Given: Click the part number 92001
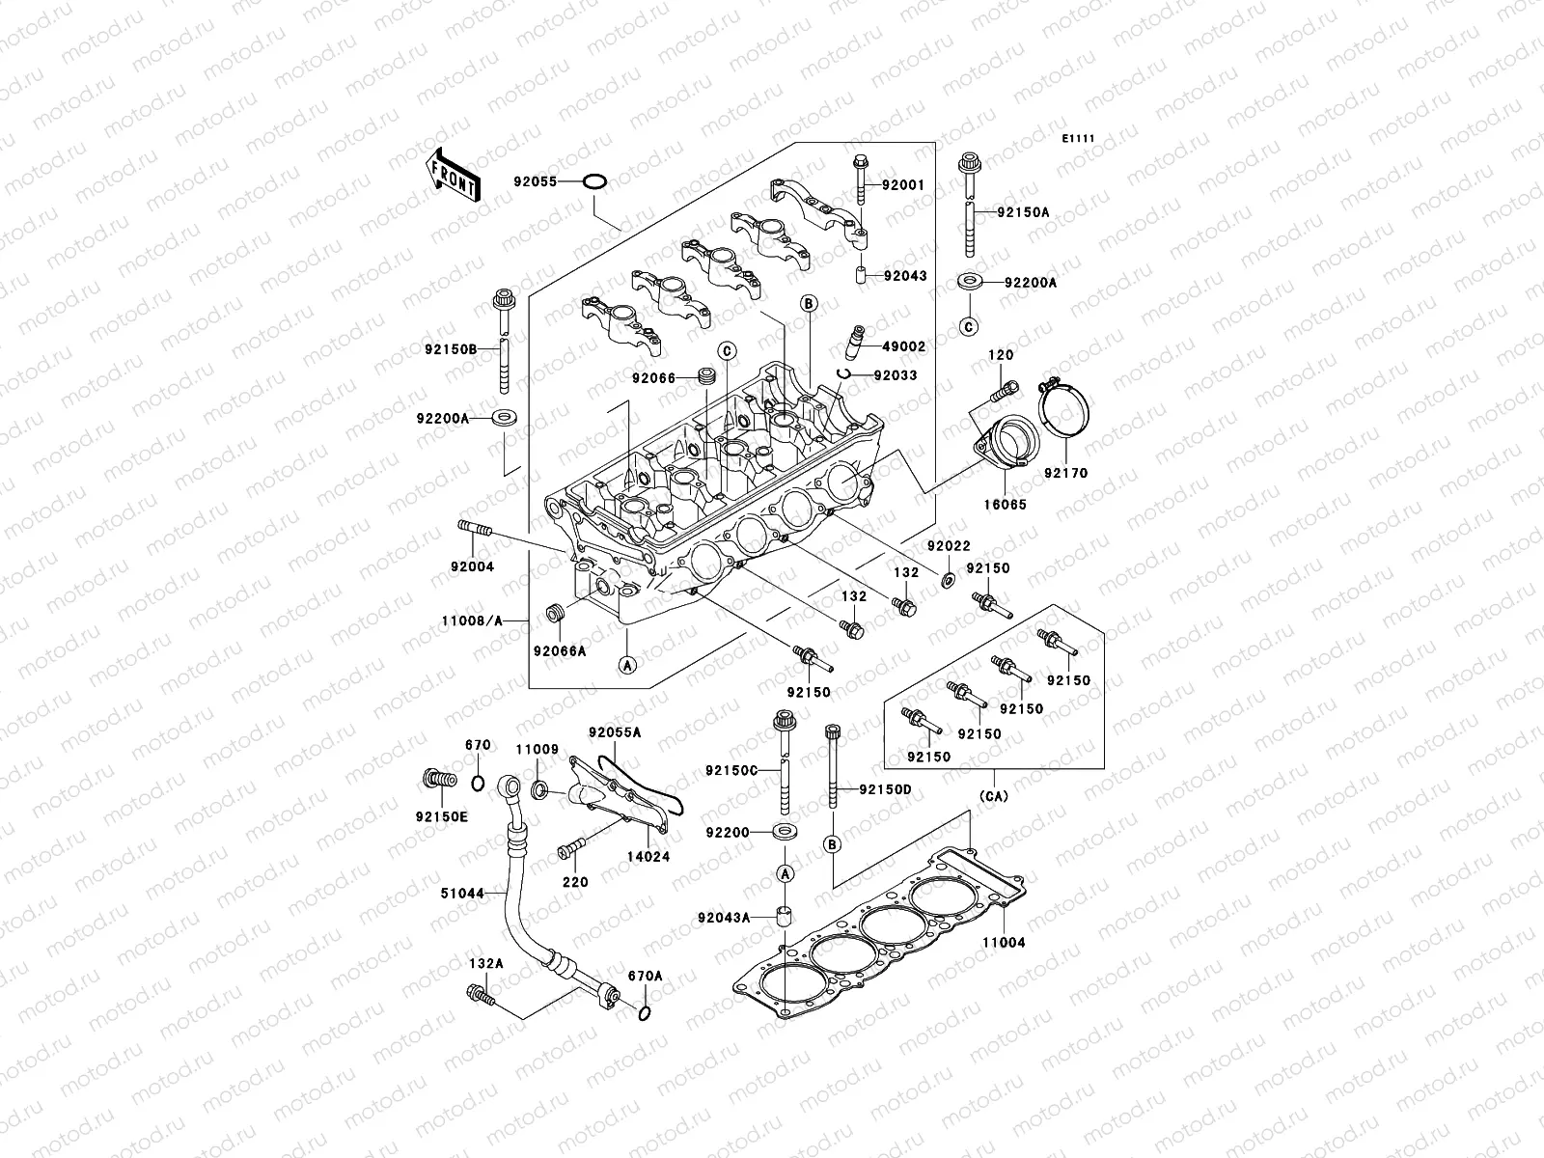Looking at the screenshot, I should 906,184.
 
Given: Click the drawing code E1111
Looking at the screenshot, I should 1078,139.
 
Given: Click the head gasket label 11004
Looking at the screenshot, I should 1004,942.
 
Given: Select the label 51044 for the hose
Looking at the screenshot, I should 463,894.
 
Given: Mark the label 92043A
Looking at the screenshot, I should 728,917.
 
